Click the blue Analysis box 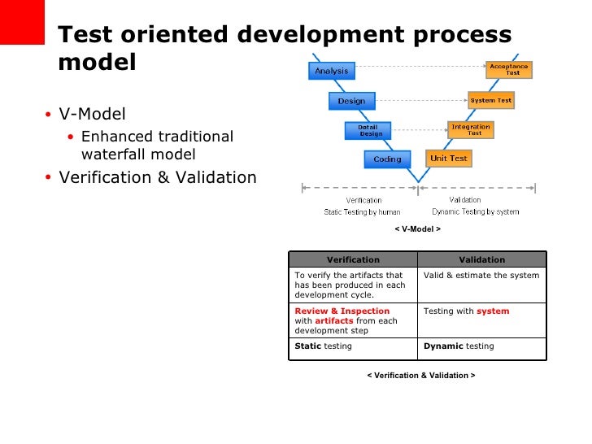pyautogui.click(x=331, y=71)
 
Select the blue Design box pyautogui.click(x=351, y=101)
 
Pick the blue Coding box pyautogui.click(x=387, y=159)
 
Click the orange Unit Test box pyautogui.click(x=449, y=158)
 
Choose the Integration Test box pyautogui.click(x=470, y=129)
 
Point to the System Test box pyautogui.click(x=491, y=101)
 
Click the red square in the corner pyautogui.click(x=21, y=22)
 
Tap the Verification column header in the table pyautogui.click(x=353, y=259)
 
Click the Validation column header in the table pyautogui.click(x=481, y=259)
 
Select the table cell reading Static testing pyautogui.click(x=353, y=346)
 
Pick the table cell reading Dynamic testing pyautogui.click(x=481, y=346)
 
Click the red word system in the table pyautogui.click(x=493, y=311)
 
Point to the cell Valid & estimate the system pyautogui.click(x=481, y=276)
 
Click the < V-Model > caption pyautogui.click(x=418, y=229)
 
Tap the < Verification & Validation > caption pyautogui.click(x=420, y=375)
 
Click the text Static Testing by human pyautogui.click(x=363, y=212)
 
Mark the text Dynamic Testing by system pyautogui.click(x=476, y=212)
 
